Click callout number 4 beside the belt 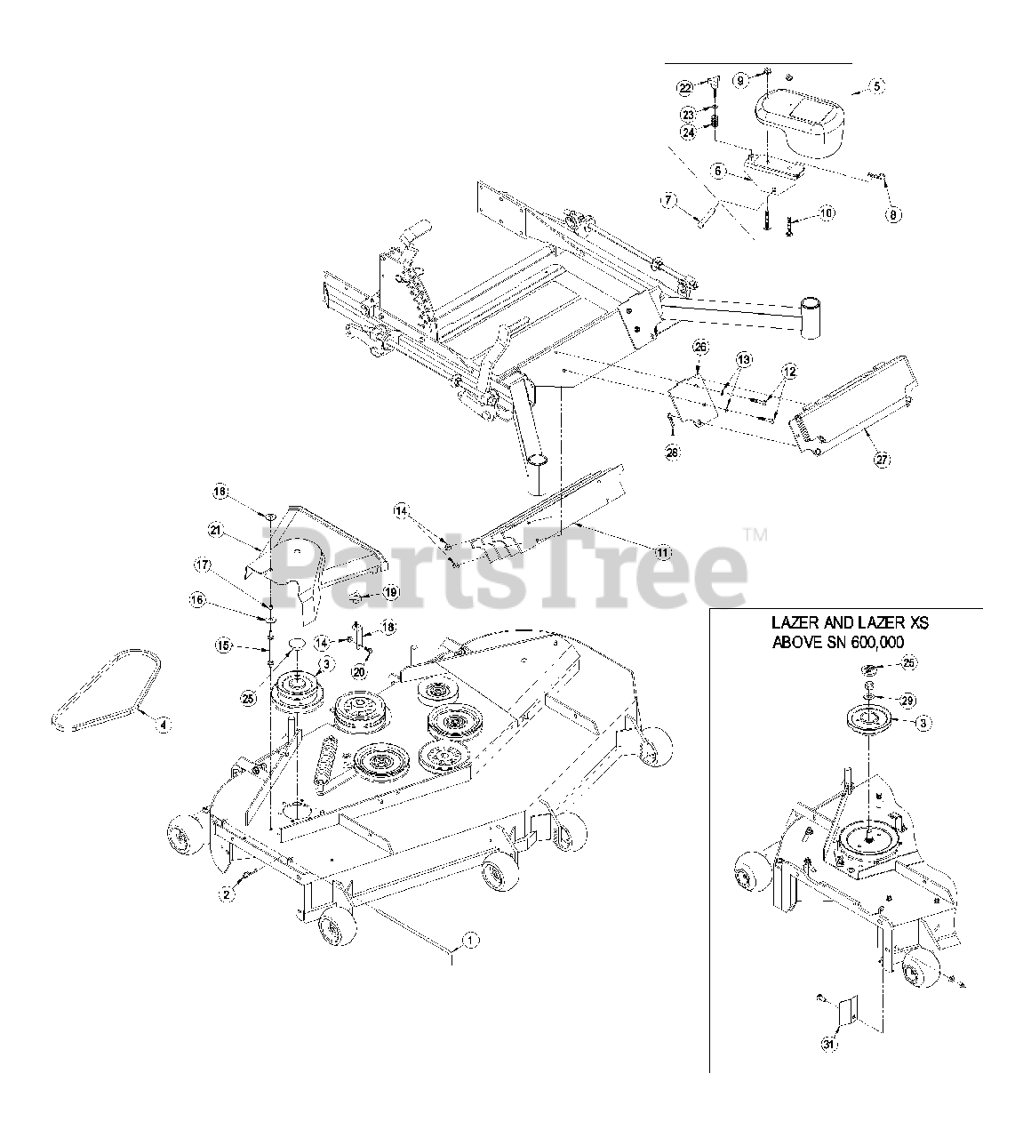click(161, 725)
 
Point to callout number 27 click(882, 460)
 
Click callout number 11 click(661, 552)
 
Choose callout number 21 click(214, 530)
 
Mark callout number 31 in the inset click(827, 1046)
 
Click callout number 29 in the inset click(907, 701)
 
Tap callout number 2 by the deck click(227, 894)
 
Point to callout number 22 click(684, 87)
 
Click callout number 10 click(827, 213)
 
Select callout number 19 click(391, 592)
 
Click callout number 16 click(196, 600)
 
